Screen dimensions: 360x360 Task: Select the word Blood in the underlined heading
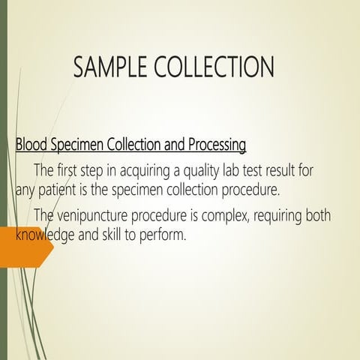[x=31, y=143]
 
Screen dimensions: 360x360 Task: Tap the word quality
[x=208, y=170]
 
